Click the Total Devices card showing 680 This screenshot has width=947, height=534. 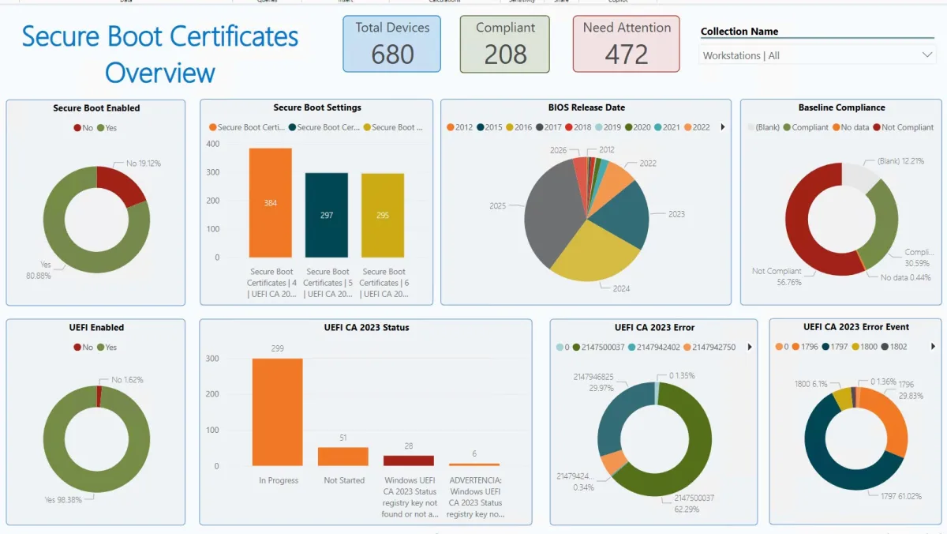pos(392,43)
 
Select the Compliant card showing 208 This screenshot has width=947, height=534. pos(505,43)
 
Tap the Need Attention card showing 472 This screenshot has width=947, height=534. pos(627,43)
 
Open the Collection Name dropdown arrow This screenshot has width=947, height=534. pos(927,55)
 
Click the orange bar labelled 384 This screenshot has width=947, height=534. pos(271,203)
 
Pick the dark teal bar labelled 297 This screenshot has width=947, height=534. pos(327,215)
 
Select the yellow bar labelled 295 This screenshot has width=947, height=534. pos(383,215)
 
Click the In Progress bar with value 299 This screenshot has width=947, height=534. pos(277,412)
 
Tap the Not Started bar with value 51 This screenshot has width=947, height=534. pos(343,457)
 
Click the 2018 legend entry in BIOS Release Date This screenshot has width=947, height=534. pos(578,127)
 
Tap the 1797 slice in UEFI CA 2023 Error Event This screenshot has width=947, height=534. pos(844,466)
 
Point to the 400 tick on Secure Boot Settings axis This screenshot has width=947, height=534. pos(212,144)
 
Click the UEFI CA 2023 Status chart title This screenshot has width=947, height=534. pos(366,328)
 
